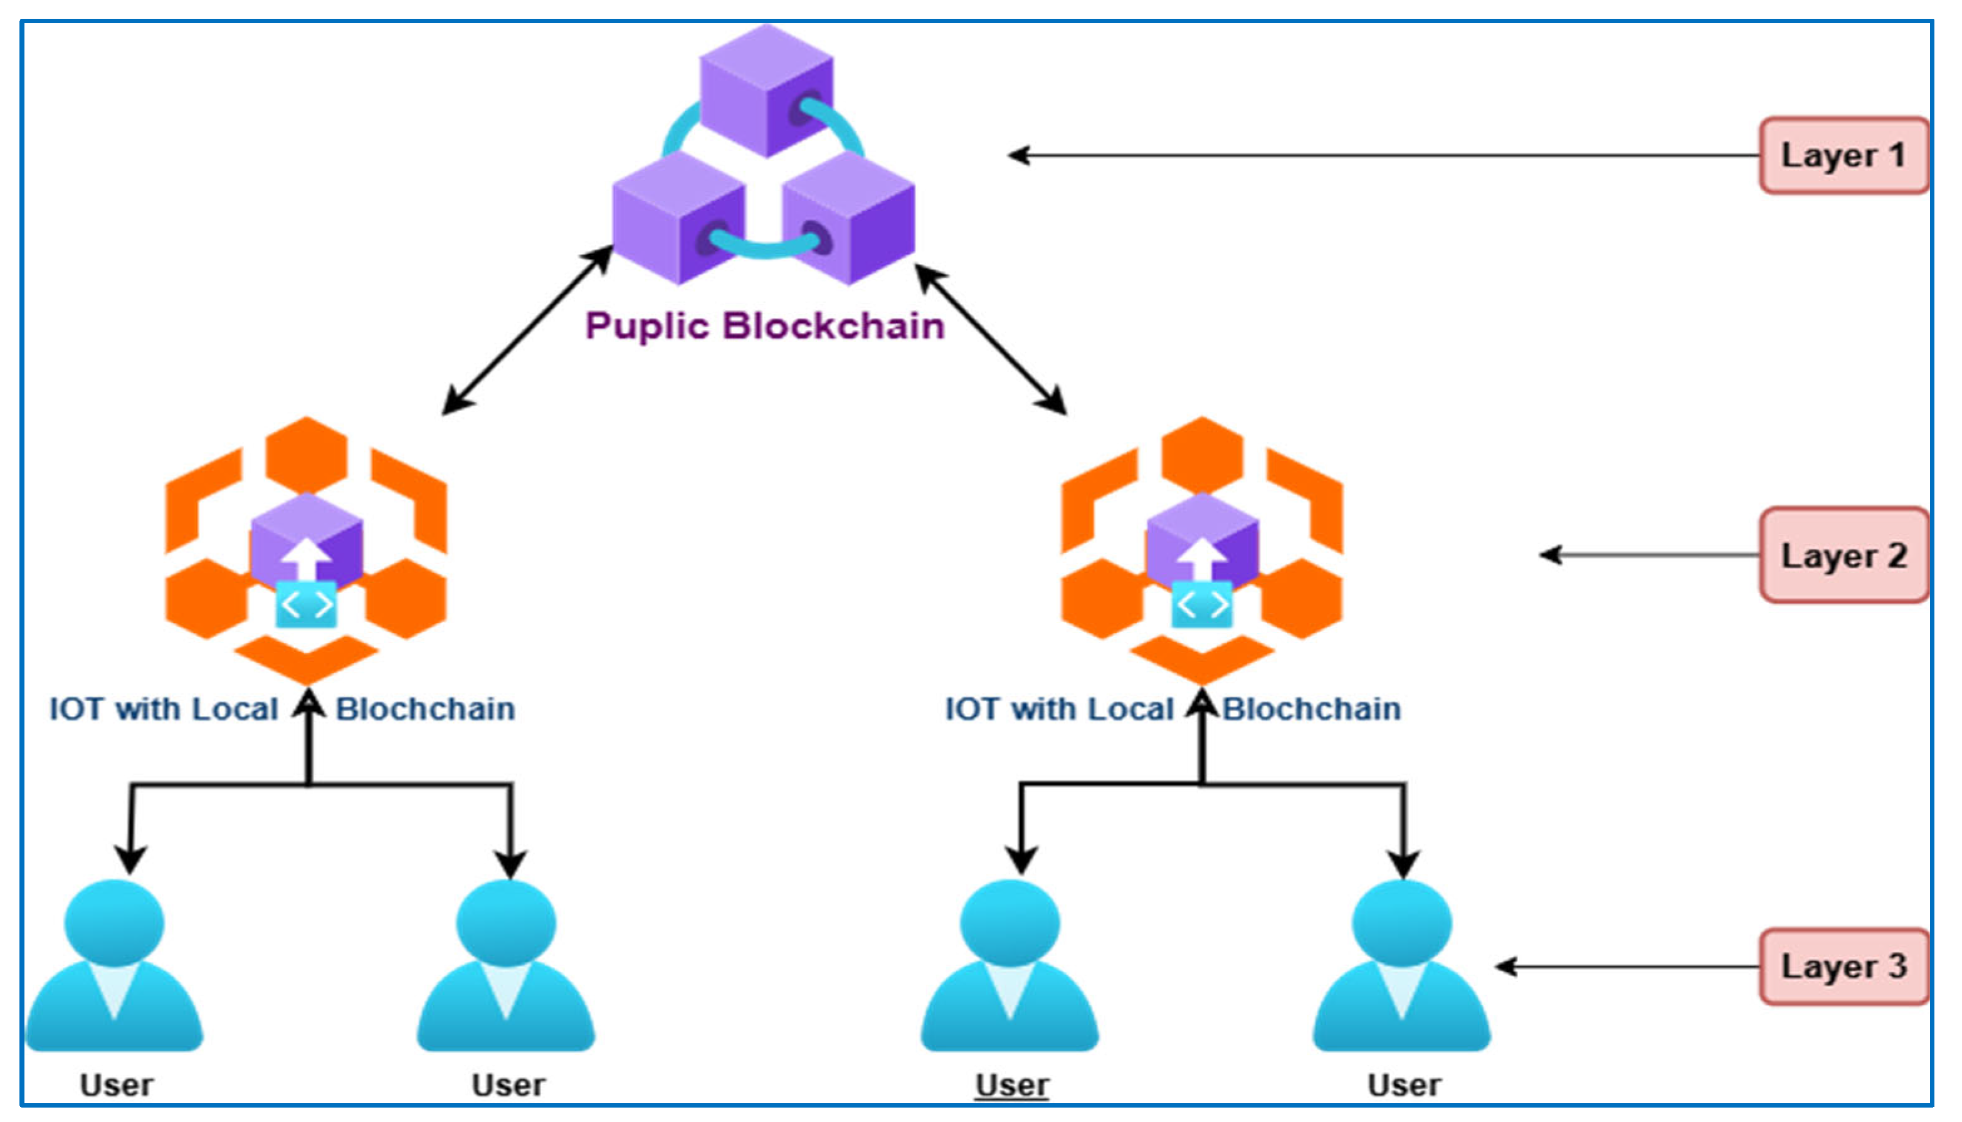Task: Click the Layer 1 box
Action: coord(1843,155)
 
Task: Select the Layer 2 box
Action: coord(1843,555)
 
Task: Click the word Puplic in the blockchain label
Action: coord(647,326)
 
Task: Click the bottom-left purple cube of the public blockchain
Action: coord(678,218)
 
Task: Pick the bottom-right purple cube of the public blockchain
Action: coord(848,218)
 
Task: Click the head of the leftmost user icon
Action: coord(114,923)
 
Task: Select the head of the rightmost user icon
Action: coord(1402,923)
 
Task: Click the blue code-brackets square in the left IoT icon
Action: coord(306,605)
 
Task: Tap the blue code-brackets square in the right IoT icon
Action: coord(1201,605)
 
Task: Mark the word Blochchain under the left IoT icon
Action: coord(425,709)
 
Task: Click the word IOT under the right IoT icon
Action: coord(972,709)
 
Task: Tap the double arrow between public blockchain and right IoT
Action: coord(991,339)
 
